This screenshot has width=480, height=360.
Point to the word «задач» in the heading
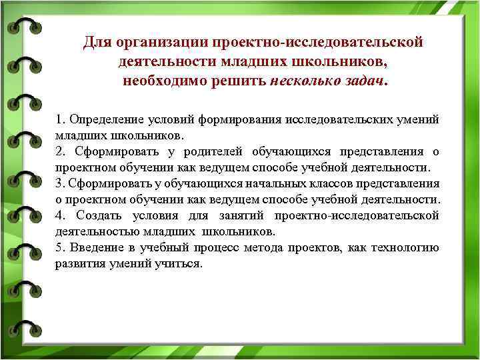(365, 81)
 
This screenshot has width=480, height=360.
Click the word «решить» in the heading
(238, 81)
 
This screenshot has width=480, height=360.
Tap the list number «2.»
(60, 151)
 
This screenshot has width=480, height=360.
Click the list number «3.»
(60, 183)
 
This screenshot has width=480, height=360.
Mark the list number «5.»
(60, 247)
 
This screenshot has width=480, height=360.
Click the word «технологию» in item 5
(408, 247)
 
